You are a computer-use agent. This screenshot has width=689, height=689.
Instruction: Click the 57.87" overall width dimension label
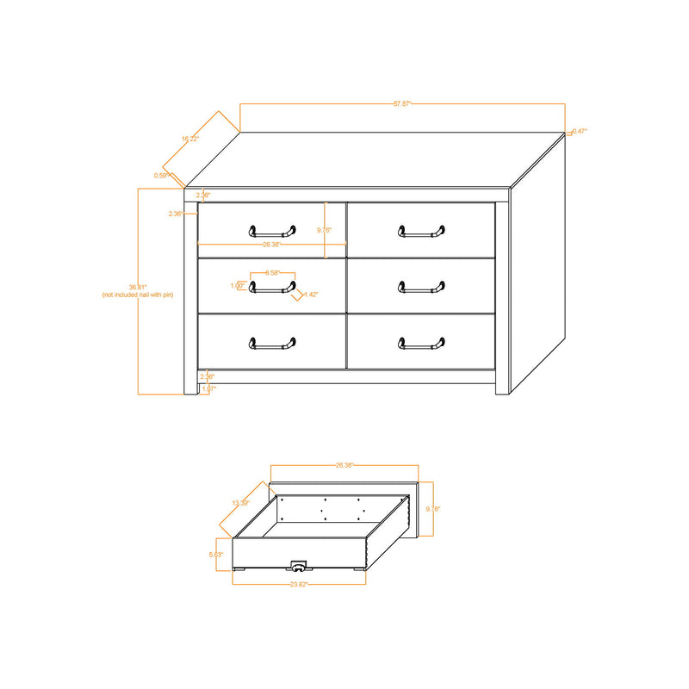pos(402,103)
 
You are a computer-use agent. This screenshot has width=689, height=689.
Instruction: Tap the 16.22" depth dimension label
pos(190,138)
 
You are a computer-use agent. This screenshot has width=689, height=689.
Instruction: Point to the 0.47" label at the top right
pos(580,131)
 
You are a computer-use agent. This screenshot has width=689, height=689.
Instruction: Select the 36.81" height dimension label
pos(138,287)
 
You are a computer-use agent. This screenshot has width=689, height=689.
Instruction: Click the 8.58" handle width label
pos(272,272)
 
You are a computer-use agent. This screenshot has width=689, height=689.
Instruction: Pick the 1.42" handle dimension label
pos(311,295)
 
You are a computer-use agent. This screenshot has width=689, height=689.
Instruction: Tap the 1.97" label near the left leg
pos(208,388)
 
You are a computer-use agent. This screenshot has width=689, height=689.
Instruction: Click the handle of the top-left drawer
pos(272,231)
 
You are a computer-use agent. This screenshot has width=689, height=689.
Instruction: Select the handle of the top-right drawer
pos(421,231)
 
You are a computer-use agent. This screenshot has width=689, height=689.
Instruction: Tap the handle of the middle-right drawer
pos(421,287)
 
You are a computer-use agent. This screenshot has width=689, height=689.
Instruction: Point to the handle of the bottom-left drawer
pos(272,344)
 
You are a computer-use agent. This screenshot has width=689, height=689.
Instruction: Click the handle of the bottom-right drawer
pos(421,344)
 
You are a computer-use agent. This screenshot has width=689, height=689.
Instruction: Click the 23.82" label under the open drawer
pos(299,584)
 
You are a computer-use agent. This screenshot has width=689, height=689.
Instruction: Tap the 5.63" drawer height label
pos(216,555)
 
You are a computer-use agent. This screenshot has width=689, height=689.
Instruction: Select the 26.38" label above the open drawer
pos(344,465)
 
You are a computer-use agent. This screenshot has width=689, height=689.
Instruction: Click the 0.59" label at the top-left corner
pos(161,176)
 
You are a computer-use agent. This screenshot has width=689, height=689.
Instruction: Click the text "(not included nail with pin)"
pos(138,295)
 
